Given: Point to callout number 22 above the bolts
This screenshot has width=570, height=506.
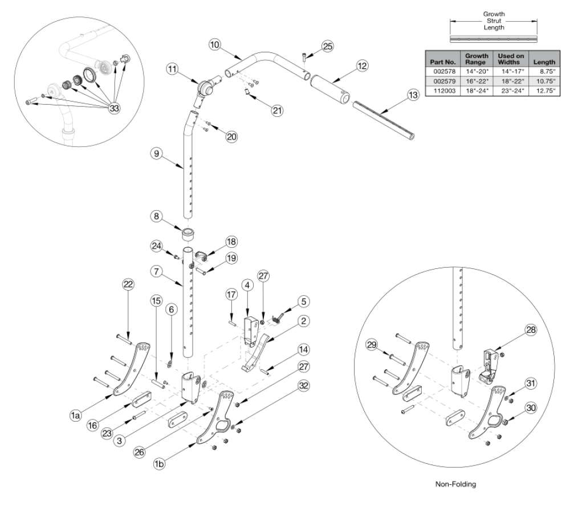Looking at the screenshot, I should [x=129, y=284].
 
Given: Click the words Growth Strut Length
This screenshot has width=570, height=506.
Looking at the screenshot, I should [x=494, y=22].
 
